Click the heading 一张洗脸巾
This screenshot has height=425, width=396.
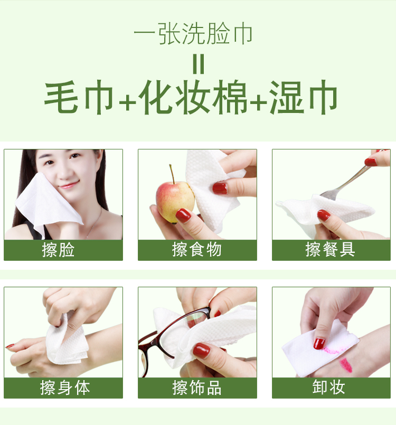[193, 34]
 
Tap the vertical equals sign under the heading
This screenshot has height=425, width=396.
[198, 64]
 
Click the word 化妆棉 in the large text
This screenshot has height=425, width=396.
[192, 97]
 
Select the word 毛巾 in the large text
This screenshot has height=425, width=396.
[79, 97]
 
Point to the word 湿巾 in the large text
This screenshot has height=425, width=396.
[304, 97]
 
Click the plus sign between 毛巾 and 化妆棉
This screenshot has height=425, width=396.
[127, 103]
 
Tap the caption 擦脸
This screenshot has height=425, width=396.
[58, 250]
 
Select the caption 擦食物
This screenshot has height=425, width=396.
[197, 250]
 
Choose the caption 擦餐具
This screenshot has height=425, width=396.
[330, 249]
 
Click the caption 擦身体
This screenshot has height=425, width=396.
[65, 388]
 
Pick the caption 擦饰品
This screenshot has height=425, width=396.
[197, 388]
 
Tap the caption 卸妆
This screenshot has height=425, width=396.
[328, 387]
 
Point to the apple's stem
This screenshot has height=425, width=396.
[172, 174]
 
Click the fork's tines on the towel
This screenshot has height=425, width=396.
[328, 195]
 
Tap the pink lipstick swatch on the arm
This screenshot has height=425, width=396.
[346, 365]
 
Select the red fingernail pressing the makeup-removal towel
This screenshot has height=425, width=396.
[319, 344]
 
